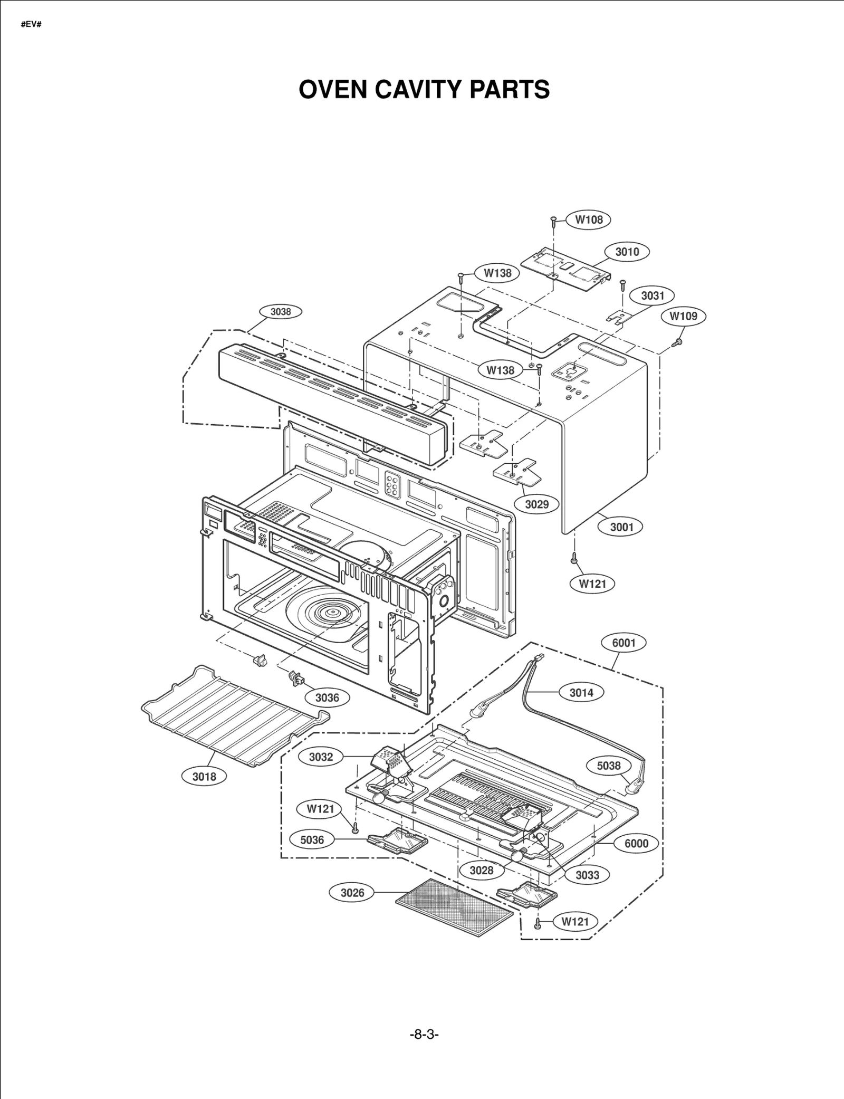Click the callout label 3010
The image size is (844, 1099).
click(x=627, y=252)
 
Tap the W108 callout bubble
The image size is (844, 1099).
click(x=589, y=219)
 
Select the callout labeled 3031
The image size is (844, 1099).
click(x=653, y=295)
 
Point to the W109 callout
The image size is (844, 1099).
click(x=683, y=316)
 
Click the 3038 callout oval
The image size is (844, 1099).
click(x=281, y=312)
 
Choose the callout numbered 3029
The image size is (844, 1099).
click(x=536, y=504)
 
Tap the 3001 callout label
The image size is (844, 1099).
click(x=621, y=527)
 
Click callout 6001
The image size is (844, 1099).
click(x=624, y=643)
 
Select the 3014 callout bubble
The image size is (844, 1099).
click(x=581, y=693)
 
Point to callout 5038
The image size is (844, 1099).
click(x=609, y=766)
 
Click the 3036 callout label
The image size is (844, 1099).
click(x=327, y=697)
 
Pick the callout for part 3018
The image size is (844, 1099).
click(x=204, y=776)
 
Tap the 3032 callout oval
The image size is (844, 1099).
click(x=321, y=757)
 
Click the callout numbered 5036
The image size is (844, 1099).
click(x=312, y=839)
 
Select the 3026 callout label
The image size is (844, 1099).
click(x=352, y=892)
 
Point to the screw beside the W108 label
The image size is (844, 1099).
click(x=553, y=221)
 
